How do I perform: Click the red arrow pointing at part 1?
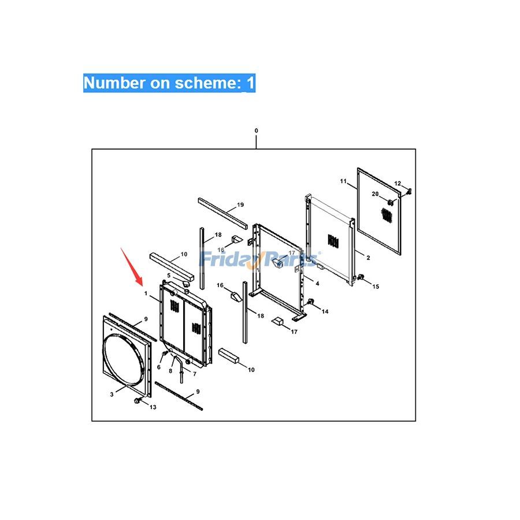tap(132, 266)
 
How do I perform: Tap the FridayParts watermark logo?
tap(259, 259)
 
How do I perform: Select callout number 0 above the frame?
tap(256, 131)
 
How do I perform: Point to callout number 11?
tap(343, 181)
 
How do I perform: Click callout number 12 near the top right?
tap(398, 183)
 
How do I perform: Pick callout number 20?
tap(375, 194)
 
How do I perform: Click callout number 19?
tap(240, 205)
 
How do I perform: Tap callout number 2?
tap(368, 257)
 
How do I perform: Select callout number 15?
tap(376, 286)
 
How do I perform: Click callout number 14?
tap(325, 311)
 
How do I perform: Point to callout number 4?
tap(317, 284)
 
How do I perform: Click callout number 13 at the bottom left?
tap(153, 407)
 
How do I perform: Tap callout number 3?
tap(112, 394)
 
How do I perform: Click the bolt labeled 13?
tap(136, 400)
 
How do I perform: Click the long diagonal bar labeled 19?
tap(223, 213)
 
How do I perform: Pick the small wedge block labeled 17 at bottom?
tap(277, 321)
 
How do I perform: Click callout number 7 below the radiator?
tap(195, 374)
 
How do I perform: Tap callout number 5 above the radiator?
tap(169, 275)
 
